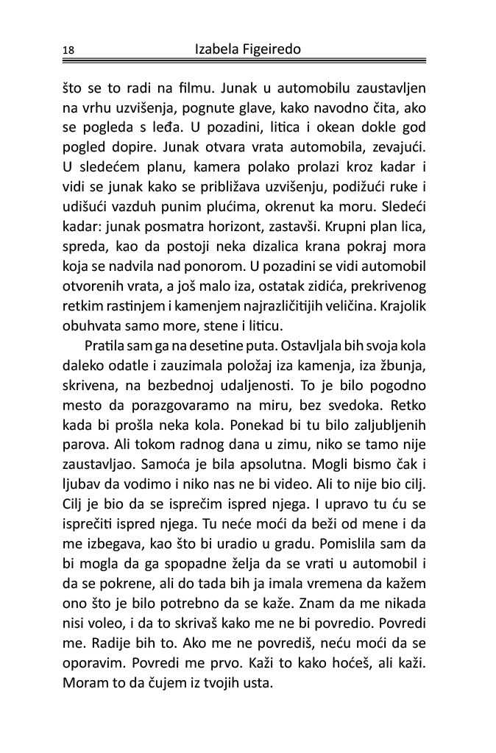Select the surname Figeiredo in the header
pyautogui.click(x=273, y=49)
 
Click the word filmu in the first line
pyautogui.click(x=184, y=90)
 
